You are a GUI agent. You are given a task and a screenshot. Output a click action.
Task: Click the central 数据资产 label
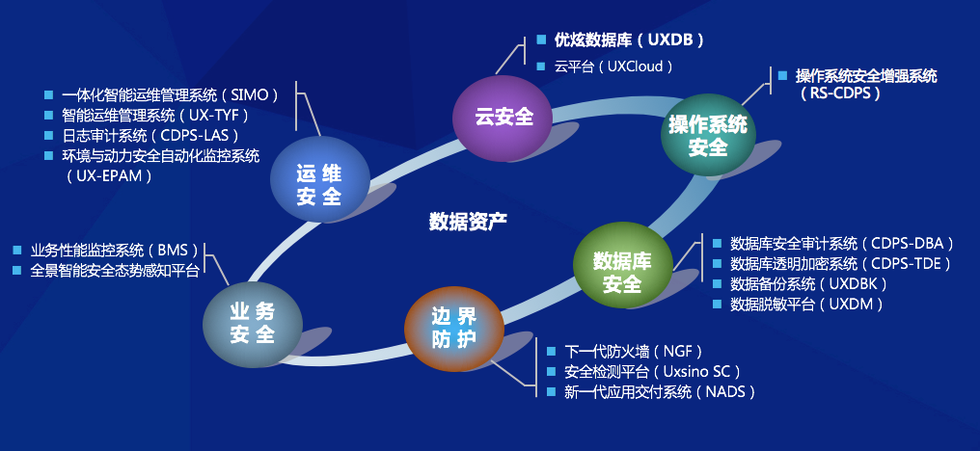(x=468, y=221)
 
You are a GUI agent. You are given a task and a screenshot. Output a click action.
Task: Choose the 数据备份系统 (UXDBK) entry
(x=808, y=284)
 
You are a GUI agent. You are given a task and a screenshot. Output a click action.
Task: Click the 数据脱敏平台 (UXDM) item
(x=806, y=305)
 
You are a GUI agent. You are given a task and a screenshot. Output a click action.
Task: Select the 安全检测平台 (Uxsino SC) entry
(x=652, y=371)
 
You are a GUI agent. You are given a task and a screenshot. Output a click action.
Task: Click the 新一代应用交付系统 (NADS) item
(x=660, y=392)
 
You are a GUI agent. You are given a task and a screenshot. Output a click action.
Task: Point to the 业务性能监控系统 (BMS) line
(x=116, y=250)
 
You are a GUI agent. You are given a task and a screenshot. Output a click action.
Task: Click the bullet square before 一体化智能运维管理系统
(x=48, y=94)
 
